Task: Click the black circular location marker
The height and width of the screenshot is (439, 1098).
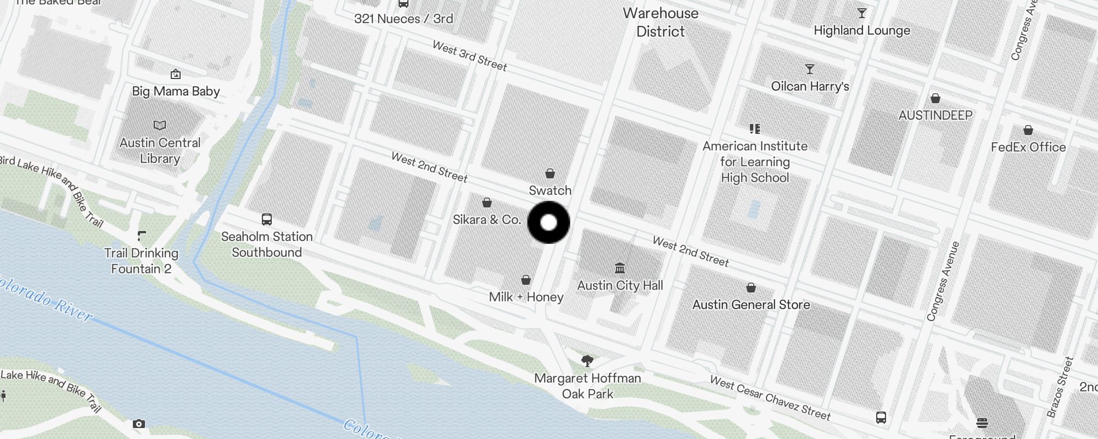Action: pyautogui.click(x=548, y=222)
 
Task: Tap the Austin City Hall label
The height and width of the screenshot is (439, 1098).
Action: pyautogui.click(x=620, y=285)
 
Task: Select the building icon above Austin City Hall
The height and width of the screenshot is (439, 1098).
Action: pyautogui.click(x=620, y=268)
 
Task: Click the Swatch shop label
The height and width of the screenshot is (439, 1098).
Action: pyautogui.click(x=550, y=190)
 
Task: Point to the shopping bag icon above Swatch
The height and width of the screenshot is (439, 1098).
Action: pyautogui.click(x=550, y=174)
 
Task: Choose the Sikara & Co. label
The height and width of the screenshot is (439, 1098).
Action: pyautogui.click(x=486, y=219)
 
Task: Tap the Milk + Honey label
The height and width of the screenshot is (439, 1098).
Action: pyautogui.click(x=526, y=297)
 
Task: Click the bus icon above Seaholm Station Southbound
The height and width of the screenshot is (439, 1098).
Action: pyautogui.click(x=267, y=219)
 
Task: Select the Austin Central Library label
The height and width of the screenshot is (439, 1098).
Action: pyautogui.click(x=160, y=150)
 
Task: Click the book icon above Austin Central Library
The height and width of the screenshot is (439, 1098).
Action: pyautogui.click(x=160, y=126)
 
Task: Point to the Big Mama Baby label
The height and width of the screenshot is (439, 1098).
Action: pyautogui.click(x=176, y=91)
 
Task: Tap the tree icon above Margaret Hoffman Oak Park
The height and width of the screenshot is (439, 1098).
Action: pyautogui.click(x=587, y=361)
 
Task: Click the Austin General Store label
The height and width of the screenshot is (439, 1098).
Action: pyautogui.click(x=751, y=305)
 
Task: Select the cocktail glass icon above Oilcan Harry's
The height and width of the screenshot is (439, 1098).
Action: pyautogui.click(x=810, y=69)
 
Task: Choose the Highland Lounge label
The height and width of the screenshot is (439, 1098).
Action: pyautogui.click(x=861, y=31)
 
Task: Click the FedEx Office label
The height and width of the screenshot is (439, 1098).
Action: pyautogui.click(x=1028, y=147)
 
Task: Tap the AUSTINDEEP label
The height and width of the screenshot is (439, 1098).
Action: pyautogui.click(x=935, y=115)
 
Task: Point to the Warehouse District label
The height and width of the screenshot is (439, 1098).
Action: pyautogui.click(x=660, y=22)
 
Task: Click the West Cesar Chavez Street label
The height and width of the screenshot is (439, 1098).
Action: pyautogui.click(x=770, y=398)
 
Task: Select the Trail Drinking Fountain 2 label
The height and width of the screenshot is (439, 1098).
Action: pyautogui.click(x=141, y=261)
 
